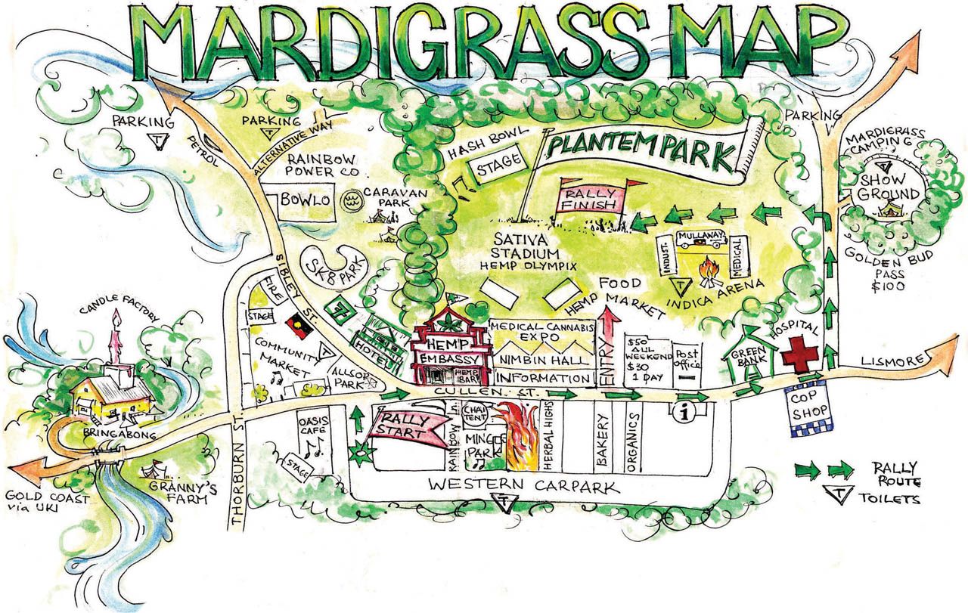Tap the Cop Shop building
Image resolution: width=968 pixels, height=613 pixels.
(x=808, y=407)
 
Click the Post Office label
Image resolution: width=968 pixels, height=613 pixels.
(x=687, y=356)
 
